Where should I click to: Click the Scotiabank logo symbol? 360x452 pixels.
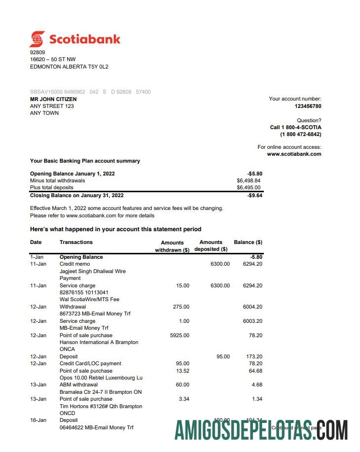tap(37, 39)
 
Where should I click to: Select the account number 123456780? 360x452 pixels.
tap(308, 106)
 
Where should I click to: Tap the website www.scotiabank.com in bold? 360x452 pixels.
tap(294, 154)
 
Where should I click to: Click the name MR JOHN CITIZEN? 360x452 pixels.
tap(53, 99)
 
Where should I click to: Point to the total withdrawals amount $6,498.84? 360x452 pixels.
tap(249, 181)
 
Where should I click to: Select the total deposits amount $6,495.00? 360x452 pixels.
tap(249, 188)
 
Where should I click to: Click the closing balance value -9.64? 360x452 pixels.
tap(255, 196)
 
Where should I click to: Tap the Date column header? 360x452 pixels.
tap(36, 242)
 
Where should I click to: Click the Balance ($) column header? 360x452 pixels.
tap(248, 242)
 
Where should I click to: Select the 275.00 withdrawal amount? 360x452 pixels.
tap(181, 307)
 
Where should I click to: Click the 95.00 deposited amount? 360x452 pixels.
tap(223, 356)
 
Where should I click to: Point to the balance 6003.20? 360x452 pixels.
tap(252, 321)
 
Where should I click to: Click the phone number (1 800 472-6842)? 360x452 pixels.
tap(300, 134)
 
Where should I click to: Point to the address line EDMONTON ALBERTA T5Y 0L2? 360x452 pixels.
tap(69, 67)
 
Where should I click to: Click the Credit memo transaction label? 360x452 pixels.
tap(74, 264)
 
